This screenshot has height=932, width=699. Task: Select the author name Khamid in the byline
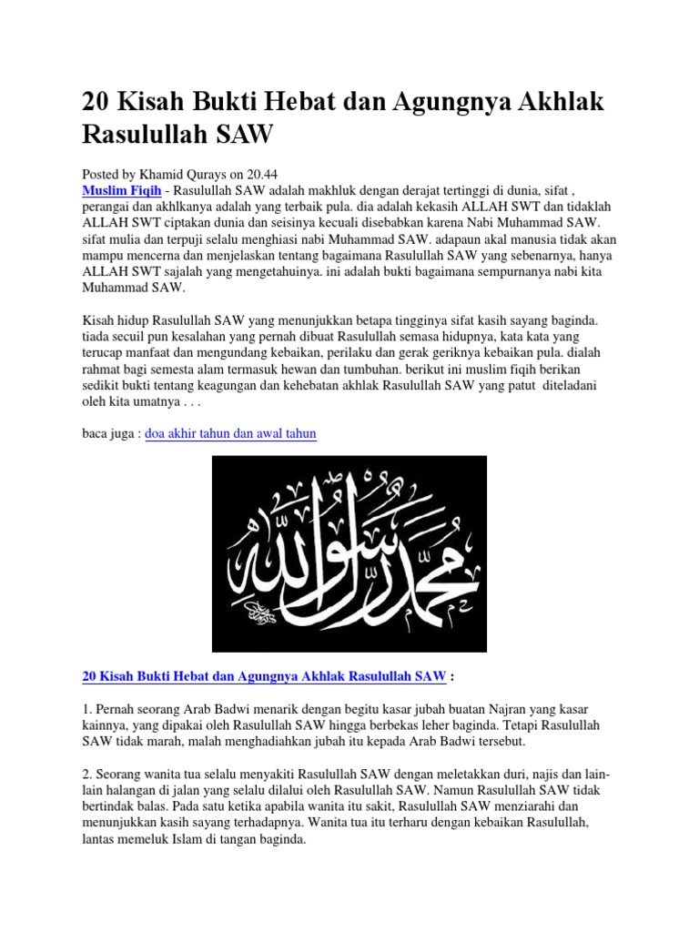tap(172, 172)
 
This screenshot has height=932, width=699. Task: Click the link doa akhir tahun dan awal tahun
tap(230, 433)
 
